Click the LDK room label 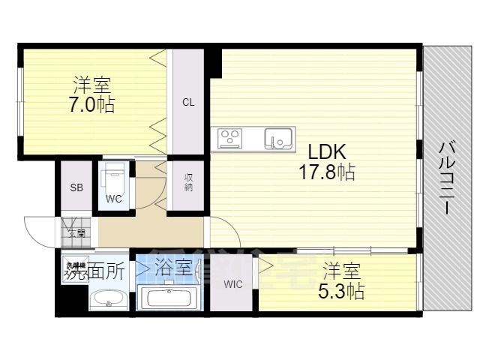point(325,151)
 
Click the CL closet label point(187,102)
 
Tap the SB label point(76,187)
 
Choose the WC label point(113,199)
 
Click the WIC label point(232,284)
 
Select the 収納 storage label point(188,182)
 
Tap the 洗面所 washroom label point(95,271)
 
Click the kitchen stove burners point(230,138)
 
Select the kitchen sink point(278,138)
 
